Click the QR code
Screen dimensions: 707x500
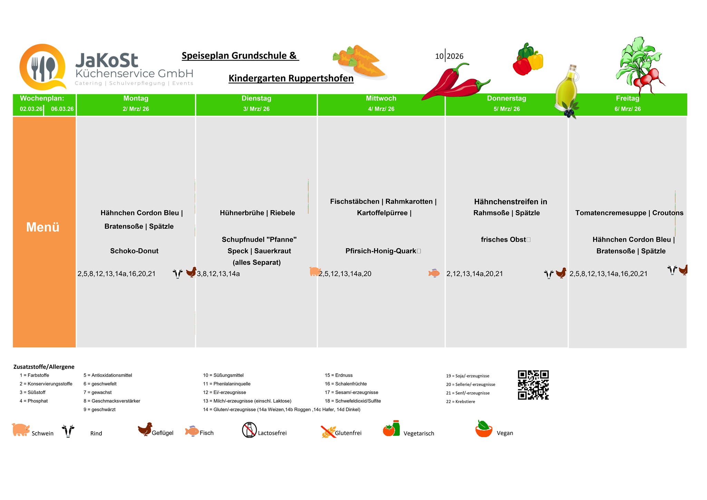533,385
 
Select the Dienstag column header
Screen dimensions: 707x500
256,98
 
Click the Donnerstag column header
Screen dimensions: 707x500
506,98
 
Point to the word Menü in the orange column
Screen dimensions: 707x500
43,227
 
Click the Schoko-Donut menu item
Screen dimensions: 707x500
134,251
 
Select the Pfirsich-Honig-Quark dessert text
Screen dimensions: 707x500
381,251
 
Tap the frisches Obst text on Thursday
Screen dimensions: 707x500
503,240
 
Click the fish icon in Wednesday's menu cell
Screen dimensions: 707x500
434,273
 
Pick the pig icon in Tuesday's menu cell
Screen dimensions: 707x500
315,271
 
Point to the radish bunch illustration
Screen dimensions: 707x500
641,66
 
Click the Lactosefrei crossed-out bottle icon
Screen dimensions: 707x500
249,430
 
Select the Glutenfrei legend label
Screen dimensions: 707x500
348,433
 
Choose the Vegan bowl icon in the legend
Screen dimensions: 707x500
484,429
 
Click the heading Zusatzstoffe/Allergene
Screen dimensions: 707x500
44,367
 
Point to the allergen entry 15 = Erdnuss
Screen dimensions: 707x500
339,375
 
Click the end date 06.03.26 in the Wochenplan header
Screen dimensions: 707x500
62,109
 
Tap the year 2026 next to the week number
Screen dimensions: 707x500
455,56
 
